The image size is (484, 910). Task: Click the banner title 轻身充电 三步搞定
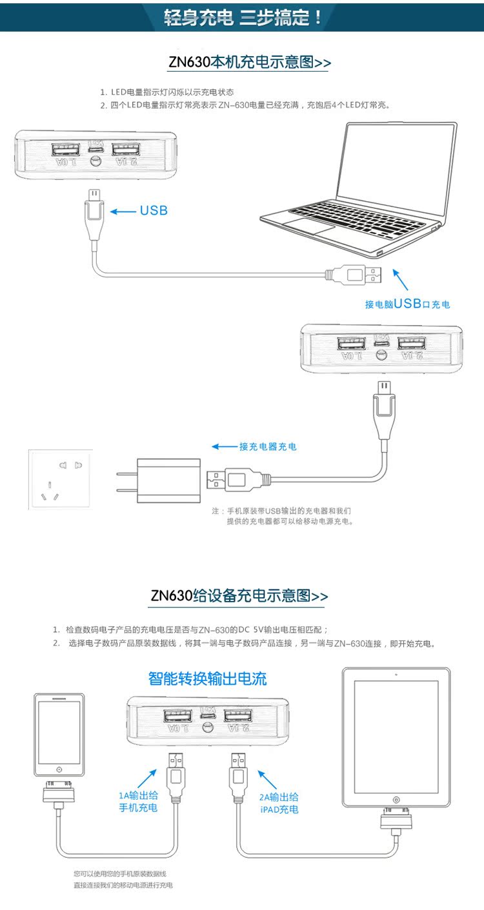pos(243,17)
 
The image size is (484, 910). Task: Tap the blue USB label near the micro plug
pos(154,210)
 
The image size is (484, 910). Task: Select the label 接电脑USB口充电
pos(407,304)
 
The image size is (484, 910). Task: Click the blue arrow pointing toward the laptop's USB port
pos(400,279)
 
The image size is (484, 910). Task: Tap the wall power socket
pos(61,479)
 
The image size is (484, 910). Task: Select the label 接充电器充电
pos(268,446)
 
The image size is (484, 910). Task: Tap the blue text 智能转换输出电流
pos(207,679)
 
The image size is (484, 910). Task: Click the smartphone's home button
pos(59,769)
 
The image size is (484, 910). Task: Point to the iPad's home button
pos(396,800)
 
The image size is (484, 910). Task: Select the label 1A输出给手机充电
pos(138,802)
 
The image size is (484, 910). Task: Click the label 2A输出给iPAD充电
pos(279,803)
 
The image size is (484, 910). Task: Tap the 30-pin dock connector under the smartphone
pos(59,791)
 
